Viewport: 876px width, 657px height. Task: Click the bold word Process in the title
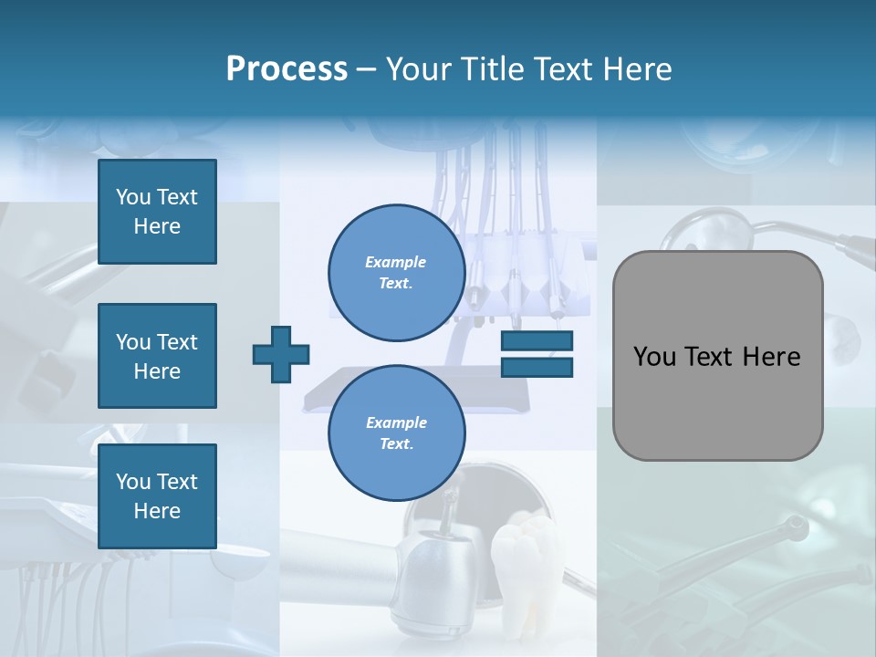click(x=287, y=69)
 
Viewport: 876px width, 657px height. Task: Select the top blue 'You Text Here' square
click(x=157, y=212)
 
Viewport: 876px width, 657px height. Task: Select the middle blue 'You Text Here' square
click(x=157, y=356)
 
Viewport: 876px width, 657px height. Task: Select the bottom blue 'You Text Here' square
click(x=157, y=496)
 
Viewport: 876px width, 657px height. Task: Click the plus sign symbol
click(x=281, y=354)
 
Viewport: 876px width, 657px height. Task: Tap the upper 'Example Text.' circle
click(x=396, y=272)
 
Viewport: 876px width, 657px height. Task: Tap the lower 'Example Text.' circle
click(x=396, y=433)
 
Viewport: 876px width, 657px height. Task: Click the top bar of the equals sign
click(x=537, y=341)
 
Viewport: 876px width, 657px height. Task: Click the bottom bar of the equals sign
click(x=537, y=367)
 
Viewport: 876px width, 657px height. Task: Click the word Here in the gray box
click(x=771, y=357)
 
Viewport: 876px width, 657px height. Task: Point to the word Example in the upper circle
click(x=396, y=262)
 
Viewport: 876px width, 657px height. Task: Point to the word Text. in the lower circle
click(x=396, y=443)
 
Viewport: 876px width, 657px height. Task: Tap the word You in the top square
click(x=133, y=197)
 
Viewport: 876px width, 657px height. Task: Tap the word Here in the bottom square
click(x=157, y=511)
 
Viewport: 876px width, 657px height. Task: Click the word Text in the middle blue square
click(x=177, y=342)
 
